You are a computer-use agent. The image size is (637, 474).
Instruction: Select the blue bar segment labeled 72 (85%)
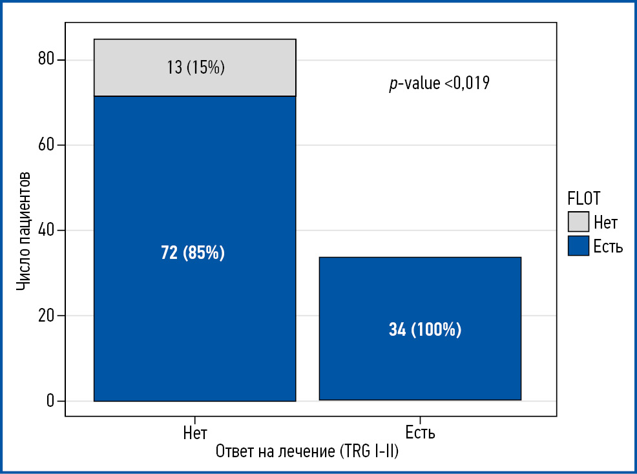pos(194,194)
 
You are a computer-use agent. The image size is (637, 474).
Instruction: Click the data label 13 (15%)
pos(196,67)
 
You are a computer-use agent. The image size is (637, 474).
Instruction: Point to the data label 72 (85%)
pos(193,253)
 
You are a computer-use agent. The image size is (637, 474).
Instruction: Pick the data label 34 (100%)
pos(425,330)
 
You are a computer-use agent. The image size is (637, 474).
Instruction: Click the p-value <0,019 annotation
pos(439,83)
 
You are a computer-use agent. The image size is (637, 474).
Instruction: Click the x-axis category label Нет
pos(195,432)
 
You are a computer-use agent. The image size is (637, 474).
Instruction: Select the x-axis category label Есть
pos(420,432)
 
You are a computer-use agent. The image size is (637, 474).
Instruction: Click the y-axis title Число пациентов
pos(23,231)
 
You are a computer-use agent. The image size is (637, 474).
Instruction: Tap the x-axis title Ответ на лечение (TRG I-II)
pos(307,451)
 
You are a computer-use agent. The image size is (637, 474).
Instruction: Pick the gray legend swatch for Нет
pos(578,222)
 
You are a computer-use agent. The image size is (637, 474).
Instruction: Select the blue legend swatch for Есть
pos(578,245)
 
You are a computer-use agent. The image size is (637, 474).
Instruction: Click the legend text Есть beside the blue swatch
pos(608,245)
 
